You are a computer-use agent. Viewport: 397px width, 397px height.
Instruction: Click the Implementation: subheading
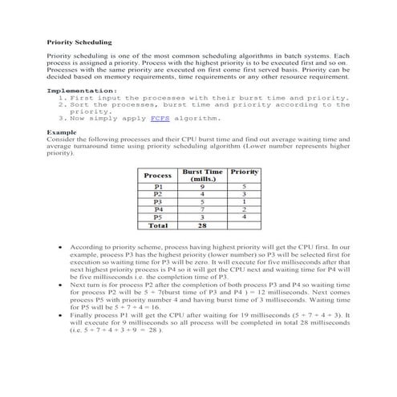pos(82,91)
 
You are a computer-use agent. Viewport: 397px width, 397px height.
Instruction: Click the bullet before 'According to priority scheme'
pos(63,249)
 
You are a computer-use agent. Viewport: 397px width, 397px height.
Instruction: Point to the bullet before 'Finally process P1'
pos(63,316)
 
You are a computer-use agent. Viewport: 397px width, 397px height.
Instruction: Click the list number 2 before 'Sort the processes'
pos(62,104)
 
